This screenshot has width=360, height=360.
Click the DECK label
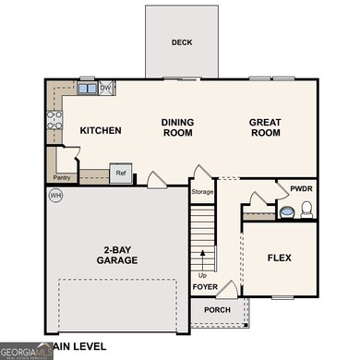[x=181, y=42]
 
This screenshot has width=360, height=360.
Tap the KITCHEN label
[x=101, y=131]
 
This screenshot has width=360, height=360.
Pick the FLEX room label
[x=280, y=258]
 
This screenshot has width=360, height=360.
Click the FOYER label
[x=205, y=286]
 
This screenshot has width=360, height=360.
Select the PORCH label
[x=218, y=310]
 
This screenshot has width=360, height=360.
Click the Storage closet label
[x=202, y=192]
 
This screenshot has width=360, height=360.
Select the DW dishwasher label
[x=105, y=89]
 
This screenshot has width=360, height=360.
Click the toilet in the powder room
[x=289, y=211]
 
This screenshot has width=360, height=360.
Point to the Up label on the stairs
[x=201, y=274]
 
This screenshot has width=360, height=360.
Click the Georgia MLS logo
[x=27, y=352]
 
